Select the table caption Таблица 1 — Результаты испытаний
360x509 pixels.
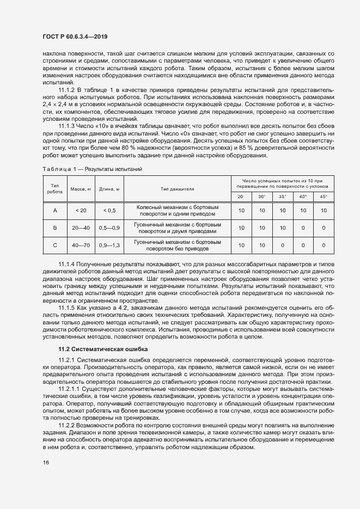93,170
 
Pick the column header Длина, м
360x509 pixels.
109,189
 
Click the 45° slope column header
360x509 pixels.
324,196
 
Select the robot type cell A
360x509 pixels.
54,211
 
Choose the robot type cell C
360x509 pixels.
54,245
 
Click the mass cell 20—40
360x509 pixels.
81,228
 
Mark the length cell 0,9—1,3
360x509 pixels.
109,245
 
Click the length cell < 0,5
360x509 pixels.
109,211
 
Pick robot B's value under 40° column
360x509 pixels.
303,228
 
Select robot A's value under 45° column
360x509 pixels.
324,211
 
